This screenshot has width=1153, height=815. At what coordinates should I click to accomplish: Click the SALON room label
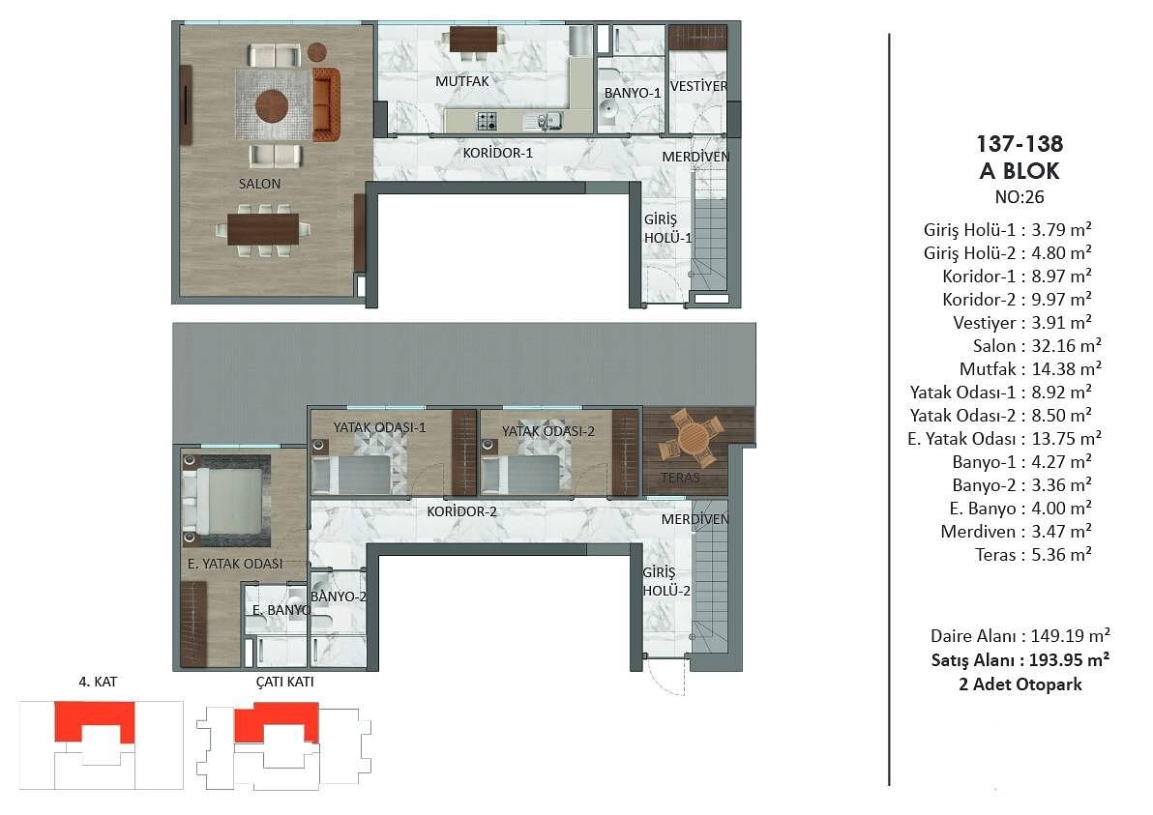pyautogui.click(x=259, y=184)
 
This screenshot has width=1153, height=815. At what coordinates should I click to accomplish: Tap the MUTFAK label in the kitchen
pyautogui.click(x=461, y=81)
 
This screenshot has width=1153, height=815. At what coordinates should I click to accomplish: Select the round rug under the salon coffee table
pyautogui.click(x=272, y=105)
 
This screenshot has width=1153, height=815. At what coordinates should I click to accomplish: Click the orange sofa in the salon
pyautogui.click(x=326, y=105)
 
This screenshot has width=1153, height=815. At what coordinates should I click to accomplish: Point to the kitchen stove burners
pyautogui.click(x=487, y=121)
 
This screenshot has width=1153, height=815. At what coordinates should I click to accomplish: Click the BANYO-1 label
pyautogui.click(x=633, y=94)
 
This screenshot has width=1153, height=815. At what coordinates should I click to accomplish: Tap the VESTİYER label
pyautogui.click(x=698, y=86)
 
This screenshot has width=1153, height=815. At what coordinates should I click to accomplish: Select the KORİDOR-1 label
pyautogui.click(x=498, y=153)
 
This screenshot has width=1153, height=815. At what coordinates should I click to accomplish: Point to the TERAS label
pyautogui.click(x=680, y=478)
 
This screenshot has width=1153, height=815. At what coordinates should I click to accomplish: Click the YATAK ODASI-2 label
pyautogui.click(x=548, y=431)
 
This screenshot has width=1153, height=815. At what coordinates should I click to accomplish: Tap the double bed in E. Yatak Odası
pyautogui.click(x=226, y=500)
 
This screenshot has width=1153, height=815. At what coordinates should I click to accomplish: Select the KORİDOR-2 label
pyautogui.click(x=461, y=511)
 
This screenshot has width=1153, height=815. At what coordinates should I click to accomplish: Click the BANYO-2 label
pyautogui.click(x=339, y=597)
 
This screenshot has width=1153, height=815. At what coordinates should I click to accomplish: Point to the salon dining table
pyautogui.click(x=262, y=229)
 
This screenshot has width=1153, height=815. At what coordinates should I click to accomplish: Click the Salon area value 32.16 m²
pyautogui.click(x=1066, y=345)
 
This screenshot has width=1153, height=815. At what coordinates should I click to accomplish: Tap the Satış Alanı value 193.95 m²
pyautogui.click(x=1069, y=660)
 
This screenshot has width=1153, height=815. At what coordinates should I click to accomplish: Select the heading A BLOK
pyautogui.click(x=1020, y=171)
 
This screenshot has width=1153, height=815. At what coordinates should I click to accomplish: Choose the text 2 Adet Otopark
pyautogui.click(x=1020, y=684)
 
